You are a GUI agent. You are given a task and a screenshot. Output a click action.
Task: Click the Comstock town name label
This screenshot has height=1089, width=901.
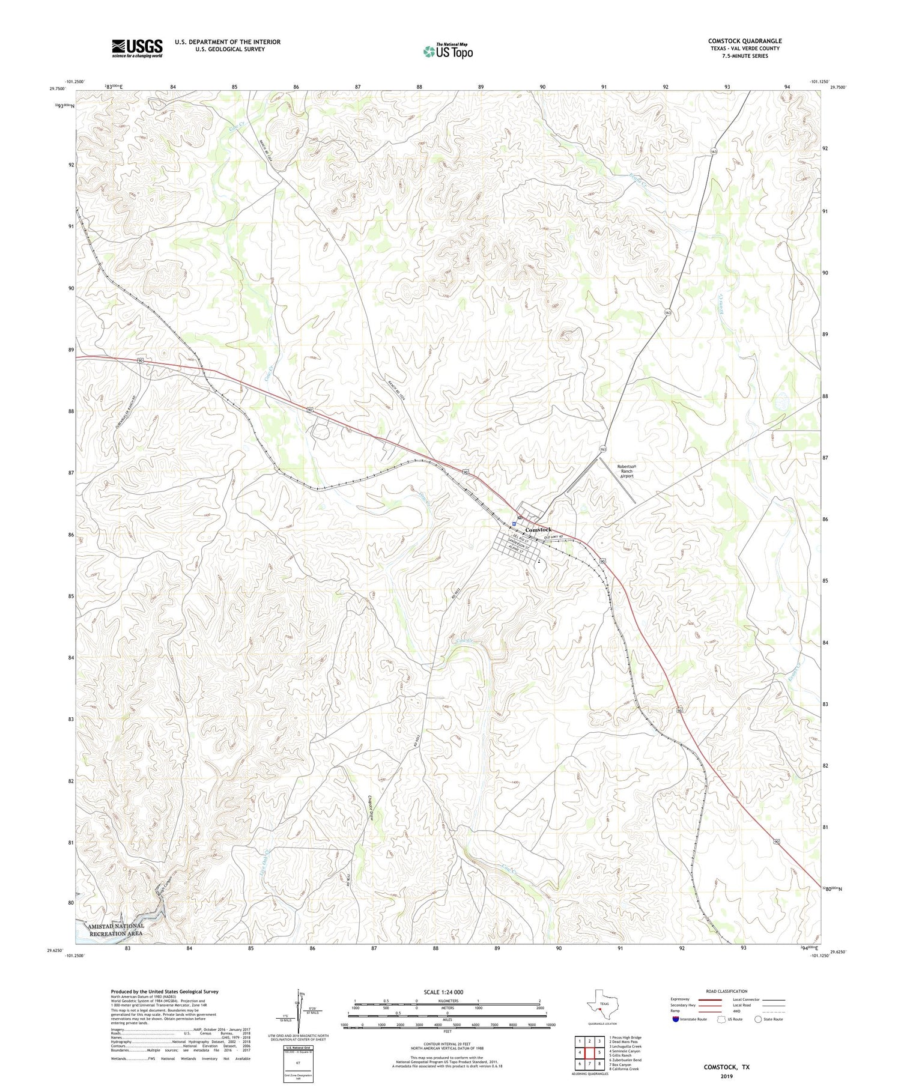click(538, 529)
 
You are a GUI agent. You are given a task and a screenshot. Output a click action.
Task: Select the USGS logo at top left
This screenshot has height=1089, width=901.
click(137, 48)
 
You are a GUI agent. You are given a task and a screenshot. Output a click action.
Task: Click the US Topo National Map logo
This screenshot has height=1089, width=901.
click(447, 52)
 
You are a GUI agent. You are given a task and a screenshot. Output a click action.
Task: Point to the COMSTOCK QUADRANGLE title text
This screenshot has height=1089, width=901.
click(744, 41)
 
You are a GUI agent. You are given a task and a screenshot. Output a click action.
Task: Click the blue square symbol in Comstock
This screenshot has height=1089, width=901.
click(514, 523)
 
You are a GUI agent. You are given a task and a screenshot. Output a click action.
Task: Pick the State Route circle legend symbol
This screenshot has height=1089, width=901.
click(758, 1019)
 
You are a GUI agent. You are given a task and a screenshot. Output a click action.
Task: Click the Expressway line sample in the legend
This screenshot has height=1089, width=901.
click(709, 1000)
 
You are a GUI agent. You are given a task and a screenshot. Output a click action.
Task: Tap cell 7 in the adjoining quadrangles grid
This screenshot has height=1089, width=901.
click(589, 1064)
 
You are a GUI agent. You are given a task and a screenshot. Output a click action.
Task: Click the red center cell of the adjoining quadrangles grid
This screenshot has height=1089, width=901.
click(589, 1052)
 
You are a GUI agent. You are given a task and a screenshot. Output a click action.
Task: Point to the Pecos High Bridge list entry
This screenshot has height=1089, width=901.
click(625, 1037)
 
